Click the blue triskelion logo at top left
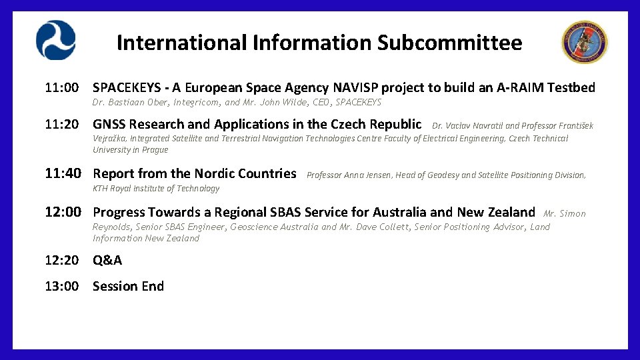(56, 40)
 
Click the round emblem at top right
(584, 42)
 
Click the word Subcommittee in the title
(449, 43)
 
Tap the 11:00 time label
(62, 87)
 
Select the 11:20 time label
(62, 124)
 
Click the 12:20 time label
(62, 260)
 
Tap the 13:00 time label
(62, 286)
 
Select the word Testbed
(571, 87)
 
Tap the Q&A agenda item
(107, 260)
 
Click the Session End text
(128, 286)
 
